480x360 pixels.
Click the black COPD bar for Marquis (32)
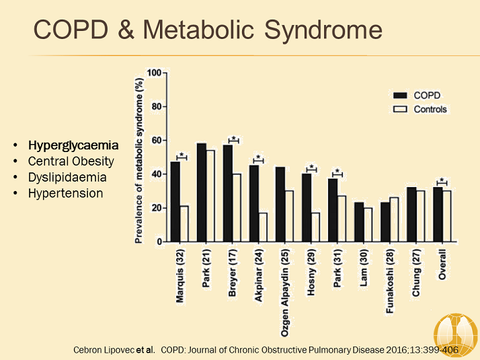click(x=175, y=201)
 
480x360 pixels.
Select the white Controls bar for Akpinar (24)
click(x=262, y=227)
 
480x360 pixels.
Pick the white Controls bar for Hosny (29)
click(x=315, y=227)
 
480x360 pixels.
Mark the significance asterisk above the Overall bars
click(x=443, y=180)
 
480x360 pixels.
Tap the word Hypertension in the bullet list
click(x=65, y=193)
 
